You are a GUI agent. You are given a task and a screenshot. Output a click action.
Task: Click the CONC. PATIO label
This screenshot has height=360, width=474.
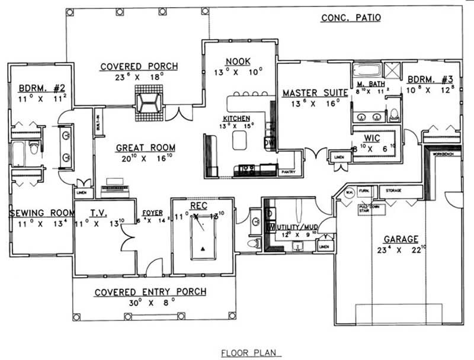point(351,18)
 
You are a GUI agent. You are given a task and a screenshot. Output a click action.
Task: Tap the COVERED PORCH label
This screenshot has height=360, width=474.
point(138,66)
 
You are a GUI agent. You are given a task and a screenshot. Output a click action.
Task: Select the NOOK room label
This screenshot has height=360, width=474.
point(237,61)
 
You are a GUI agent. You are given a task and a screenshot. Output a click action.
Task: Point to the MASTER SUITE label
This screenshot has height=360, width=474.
point(311,93)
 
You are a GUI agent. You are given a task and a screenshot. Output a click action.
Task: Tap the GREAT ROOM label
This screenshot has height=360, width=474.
point(140,147)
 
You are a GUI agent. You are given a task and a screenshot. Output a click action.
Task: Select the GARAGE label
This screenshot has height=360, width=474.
point(401,239)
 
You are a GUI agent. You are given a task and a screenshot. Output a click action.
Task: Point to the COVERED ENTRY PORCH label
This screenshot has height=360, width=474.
point(150,291)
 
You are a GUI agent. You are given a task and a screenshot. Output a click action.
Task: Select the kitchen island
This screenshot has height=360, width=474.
point(240,140)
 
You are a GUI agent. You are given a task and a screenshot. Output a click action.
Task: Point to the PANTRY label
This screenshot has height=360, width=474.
point(288,172)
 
